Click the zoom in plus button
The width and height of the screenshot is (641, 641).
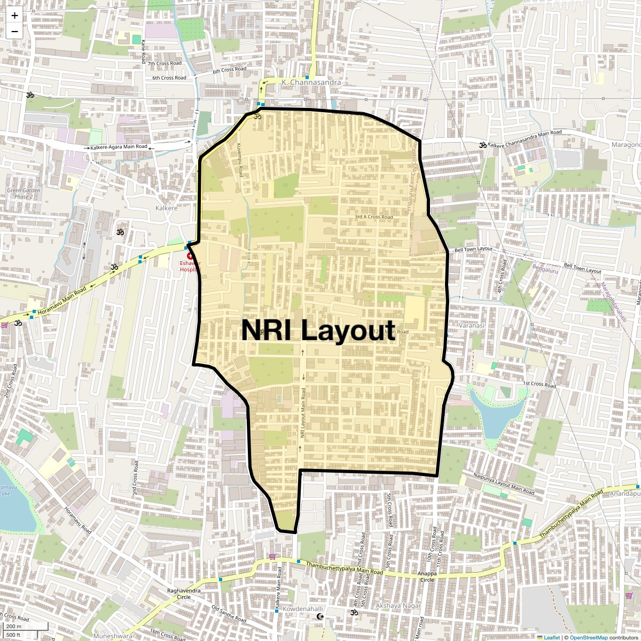click(14, 16)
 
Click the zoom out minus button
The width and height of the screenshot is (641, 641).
click(14, 31)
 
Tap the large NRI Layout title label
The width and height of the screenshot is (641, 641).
click(318, 330)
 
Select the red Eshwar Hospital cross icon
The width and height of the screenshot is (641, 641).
click(190, 256)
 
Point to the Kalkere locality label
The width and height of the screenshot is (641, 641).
click(166, 208)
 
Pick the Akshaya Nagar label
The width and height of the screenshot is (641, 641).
click(398, 606)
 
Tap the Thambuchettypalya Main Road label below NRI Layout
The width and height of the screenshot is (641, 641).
click(345, 568)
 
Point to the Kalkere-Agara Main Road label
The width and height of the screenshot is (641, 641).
click(119, 147)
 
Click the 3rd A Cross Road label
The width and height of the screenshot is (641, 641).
click(373, 217)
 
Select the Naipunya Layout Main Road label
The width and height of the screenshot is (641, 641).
click(504, 483)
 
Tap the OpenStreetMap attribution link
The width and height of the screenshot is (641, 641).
click(588, 637)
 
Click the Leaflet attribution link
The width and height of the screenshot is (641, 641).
click(552, 637)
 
